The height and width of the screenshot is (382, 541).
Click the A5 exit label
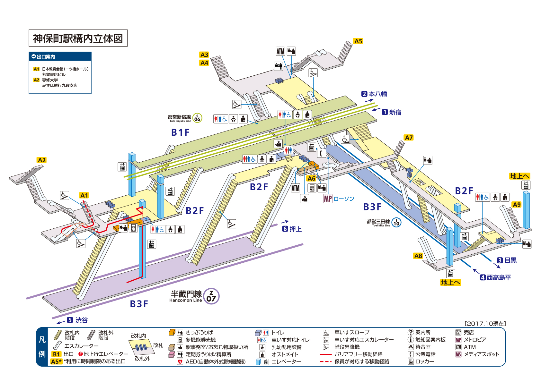click(358, 41)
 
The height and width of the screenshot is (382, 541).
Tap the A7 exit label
click(409, 138)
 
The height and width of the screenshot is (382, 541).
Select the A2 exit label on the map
click(42, 160)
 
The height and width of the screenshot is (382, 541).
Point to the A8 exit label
click(418, 256)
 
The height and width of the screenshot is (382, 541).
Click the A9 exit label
click(517, 205)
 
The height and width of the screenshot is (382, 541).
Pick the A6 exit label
click(311, 178)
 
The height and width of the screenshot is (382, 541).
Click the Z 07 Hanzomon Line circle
click(211, 296)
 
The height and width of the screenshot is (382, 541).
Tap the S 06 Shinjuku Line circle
click(197, 118)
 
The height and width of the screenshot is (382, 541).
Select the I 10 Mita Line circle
click(396, 222)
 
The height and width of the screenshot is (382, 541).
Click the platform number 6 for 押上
click(285, 229)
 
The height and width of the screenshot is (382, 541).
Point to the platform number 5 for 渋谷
click(70, 320)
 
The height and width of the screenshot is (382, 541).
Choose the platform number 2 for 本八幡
click(364, 94)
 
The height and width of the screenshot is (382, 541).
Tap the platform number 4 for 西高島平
click(483, 277)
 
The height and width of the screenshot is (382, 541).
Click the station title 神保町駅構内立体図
click(78, 38)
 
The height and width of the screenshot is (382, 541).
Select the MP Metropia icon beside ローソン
click(328, 199)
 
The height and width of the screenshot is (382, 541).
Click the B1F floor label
click(180, 132)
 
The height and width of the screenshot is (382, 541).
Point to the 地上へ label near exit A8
click(450, 282)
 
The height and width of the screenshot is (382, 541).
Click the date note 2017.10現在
click(485, 324)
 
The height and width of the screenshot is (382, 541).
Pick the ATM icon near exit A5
click(280, 51)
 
